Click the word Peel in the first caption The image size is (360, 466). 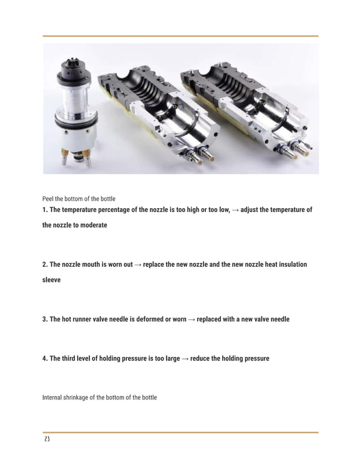[x=49, y=199]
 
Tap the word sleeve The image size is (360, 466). [x=51, y=279]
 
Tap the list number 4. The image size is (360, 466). [x=45, y=358]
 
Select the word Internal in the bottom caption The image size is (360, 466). [x=54, y=398]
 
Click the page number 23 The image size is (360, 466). [x=46, y=439]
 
